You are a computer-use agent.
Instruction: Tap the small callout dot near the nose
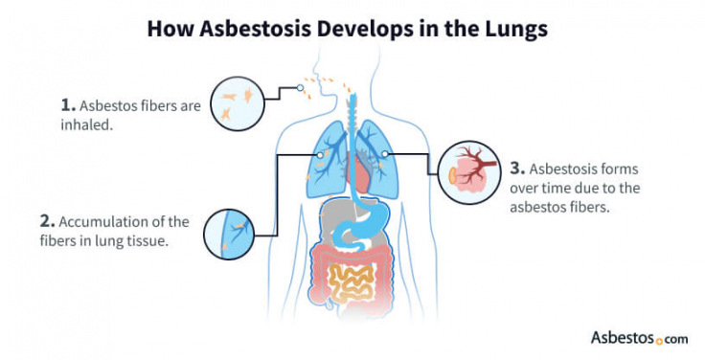300,90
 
